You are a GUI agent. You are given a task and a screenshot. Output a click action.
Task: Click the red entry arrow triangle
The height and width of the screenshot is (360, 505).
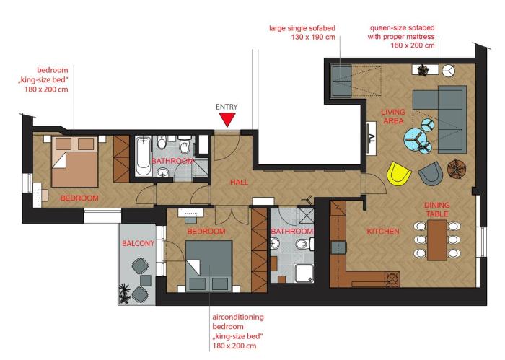point(227,120)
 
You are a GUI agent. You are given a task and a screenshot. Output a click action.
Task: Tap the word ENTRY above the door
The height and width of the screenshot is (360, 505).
point(227,107)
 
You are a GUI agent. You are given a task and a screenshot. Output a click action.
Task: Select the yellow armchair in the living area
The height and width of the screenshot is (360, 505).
point(399,174)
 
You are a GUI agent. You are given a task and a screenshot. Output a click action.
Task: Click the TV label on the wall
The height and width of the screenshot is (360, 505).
point(372,139)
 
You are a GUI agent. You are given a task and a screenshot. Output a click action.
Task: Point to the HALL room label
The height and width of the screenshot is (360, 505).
point(240,183)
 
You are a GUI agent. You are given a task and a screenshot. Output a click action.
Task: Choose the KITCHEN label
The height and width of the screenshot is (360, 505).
point(383,231)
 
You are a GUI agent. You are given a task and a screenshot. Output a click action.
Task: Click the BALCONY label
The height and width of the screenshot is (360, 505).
point(139,243)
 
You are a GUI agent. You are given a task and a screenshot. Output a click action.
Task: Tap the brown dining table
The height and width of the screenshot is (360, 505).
point(437,240)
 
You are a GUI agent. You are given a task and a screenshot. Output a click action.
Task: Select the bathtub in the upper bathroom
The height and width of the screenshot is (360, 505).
point(143,156)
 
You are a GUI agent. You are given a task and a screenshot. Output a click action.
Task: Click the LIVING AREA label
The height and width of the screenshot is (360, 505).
point(393,117)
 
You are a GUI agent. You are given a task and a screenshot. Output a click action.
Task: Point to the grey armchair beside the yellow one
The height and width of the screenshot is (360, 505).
point(430,173)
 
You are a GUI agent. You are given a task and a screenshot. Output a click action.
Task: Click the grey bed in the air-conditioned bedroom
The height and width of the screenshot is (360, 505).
point(208,265)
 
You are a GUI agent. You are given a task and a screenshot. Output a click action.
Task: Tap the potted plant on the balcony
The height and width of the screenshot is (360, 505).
point(125,293)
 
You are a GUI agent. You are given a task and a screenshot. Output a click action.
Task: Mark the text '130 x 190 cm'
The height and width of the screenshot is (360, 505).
point(313,37)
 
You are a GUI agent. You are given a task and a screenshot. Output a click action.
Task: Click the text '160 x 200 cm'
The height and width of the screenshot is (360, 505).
point(413,45)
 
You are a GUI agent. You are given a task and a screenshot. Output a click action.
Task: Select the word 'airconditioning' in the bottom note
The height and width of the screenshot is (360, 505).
point(238,317)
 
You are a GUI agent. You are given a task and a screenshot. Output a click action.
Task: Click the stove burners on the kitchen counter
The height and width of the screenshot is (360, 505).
point(392,279)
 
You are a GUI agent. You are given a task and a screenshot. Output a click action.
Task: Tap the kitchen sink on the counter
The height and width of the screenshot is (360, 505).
point(338,247)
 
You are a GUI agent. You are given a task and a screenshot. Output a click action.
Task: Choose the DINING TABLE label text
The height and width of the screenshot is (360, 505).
point(436,209)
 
